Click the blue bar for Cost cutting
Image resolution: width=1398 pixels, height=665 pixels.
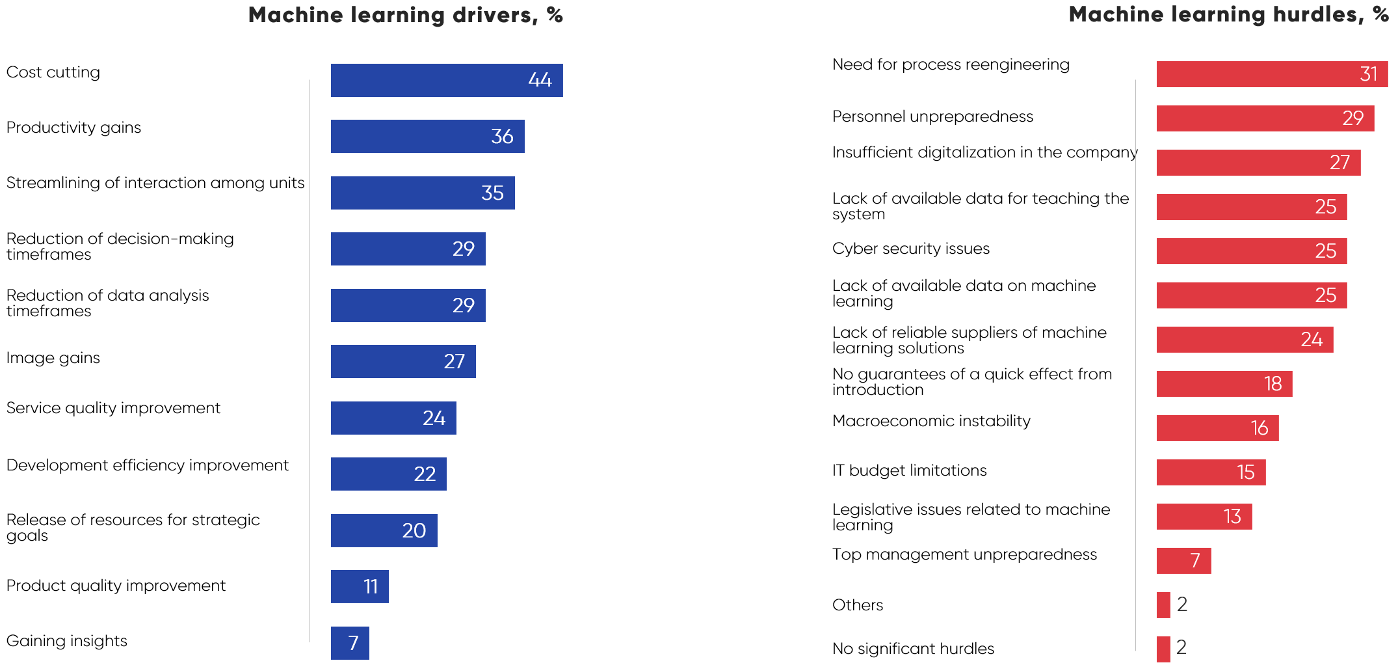[x=446, y=80]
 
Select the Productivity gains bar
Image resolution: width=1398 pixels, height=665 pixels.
[x=427, y=136]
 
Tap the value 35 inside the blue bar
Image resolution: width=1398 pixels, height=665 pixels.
[x=492, y=193]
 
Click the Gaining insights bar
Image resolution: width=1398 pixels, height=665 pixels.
[x=350, y=643]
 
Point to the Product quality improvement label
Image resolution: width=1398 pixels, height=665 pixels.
[x=116, y=586]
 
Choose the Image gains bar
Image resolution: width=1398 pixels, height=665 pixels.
[x=403, y=361]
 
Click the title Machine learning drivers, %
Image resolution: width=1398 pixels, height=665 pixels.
[x=405, y=15]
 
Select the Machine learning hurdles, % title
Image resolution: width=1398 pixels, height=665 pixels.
[x=1228, y=14]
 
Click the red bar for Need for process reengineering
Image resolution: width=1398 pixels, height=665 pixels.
[x=1272, y=74]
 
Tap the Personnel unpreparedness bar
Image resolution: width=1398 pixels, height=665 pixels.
[x=1265, y=118]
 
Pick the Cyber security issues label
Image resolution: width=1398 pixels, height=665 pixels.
[x=910, y=249]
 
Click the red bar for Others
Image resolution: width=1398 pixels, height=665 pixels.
[x=1163, y=605]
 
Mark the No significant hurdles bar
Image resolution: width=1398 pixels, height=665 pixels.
[x=1163, y=649]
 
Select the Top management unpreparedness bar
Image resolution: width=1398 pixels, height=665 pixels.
[x=1183, y=561]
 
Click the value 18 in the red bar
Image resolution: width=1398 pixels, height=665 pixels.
[x=1273, y=384]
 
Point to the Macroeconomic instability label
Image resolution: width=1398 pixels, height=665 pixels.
[x=931, y=421]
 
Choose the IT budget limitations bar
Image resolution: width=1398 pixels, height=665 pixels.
[x=1211, y=472]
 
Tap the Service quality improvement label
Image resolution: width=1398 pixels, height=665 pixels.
[x=113, y=408]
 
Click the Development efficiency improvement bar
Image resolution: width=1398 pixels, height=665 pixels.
[x=388, y=474]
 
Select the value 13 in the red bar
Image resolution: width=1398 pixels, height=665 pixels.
[x=1232, y=517]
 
